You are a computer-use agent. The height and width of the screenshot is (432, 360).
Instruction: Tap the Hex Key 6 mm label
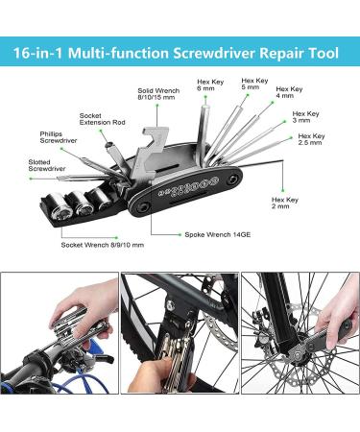pos(210,84)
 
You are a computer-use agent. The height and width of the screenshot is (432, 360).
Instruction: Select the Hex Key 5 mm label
pos(254,84)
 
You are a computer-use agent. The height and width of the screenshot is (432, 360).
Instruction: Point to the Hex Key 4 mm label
pos(289,92)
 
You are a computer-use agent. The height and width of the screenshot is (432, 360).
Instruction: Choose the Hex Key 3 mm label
pos(305,117)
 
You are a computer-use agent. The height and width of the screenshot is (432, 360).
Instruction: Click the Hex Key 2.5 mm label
pos(311,139)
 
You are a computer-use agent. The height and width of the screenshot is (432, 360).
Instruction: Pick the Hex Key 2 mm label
pos(285,203)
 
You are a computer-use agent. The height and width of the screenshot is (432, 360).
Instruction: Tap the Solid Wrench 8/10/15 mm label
pos(158,94)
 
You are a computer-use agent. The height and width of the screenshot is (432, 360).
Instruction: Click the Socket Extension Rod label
pos(102,119)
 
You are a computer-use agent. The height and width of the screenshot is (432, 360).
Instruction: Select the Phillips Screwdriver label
pos(59,137)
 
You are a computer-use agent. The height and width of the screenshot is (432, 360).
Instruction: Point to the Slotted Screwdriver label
pos(47,165)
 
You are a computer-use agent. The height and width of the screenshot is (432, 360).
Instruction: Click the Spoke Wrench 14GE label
pos(218,234)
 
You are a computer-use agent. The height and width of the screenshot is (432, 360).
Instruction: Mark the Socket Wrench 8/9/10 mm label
pos(103,245)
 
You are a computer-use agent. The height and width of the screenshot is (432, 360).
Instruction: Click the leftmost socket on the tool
pos(61,204)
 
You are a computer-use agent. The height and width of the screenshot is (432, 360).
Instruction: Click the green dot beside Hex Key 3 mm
pos(284,122)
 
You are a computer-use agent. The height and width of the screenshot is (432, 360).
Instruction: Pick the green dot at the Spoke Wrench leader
pos(180,234)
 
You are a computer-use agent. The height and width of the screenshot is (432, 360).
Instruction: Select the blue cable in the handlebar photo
pos(81,381)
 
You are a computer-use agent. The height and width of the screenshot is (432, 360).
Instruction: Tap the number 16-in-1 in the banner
pos(37,53)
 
